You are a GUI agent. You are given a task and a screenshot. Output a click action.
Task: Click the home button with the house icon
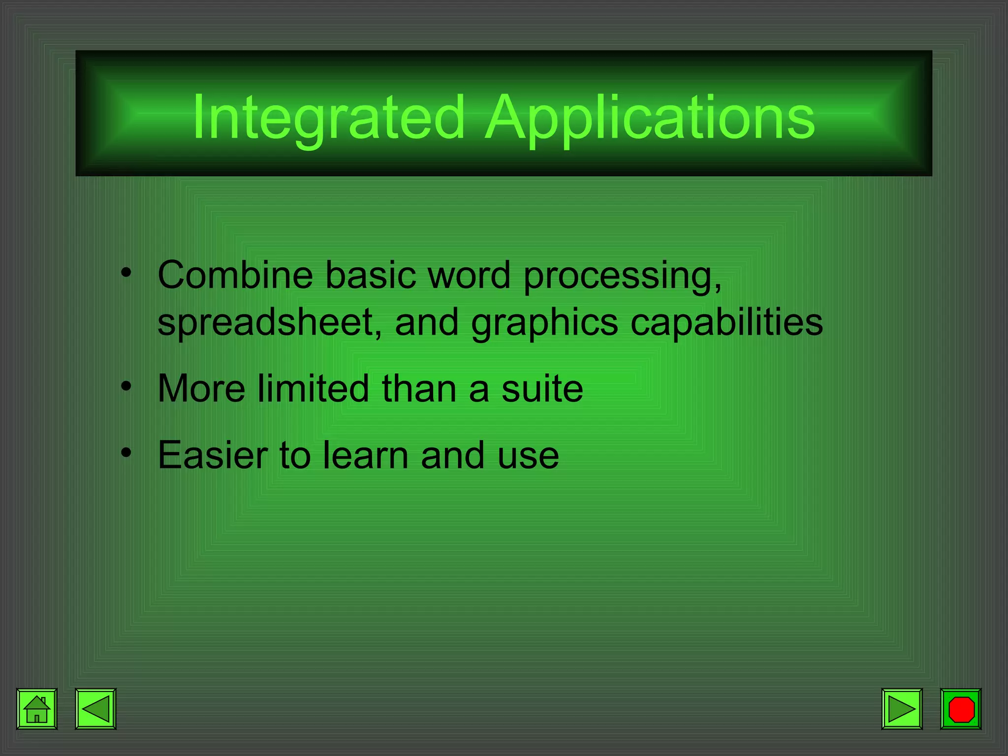click(x=37, y=709)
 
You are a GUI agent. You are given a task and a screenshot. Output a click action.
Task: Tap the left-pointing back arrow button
click(x=95, y=709)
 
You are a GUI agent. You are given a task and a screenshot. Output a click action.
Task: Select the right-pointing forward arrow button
click(x=902, y=709)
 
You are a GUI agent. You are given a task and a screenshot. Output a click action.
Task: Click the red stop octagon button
click(x=961, y=709)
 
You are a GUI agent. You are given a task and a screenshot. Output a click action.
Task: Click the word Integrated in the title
click(x=329, y=118)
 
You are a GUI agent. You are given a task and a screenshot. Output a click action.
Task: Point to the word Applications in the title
click(x=650, y=118)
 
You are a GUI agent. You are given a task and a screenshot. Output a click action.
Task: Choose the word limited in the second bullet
click(x=313, y=388)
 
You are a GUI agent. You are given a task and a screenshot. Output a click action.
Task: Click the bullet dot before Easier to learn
click(x=126, y=452)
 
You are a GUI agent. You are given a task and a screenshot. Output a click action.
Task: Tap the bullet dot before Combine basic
click(x=126, y=272)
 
